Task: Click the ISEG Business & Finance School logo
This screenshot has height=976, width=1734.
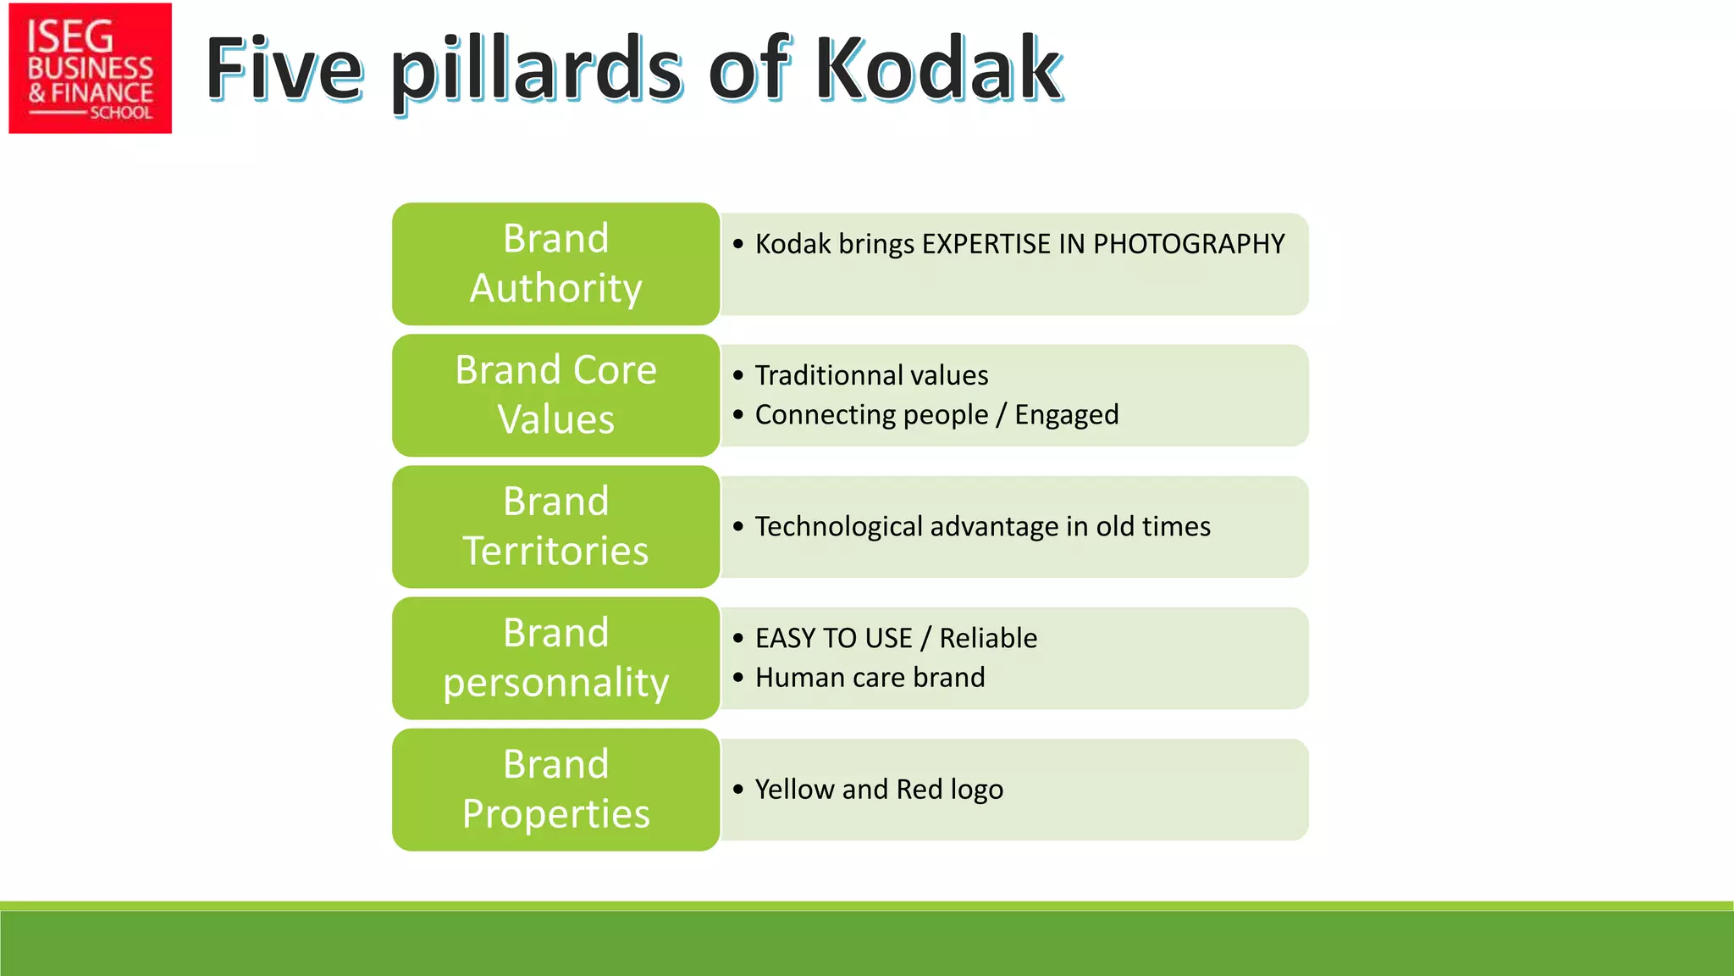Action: pos(90,68)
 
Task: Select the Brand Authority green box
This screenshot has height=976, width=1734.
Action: pos(555,263)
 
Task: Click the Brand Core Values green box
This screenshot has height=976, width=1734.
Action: pos(555,395)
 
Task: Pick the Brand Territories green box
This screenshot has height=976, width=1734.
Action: pos(555,526)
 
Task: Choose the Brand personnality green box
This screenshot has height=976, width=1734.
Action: pos(555,657)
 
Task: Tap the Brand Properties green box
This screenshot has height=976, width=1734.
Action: pos(555,789)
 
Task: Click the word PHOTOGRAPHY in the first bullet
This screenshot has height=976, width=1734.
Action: pos(1188,244)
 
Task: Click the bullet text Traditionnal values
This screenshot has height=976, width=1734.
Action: pos(871,374)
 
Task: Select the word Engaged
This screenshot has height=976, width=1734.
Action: pos(1066,415)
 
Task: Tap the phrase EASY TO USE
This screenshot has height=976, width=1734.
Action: pos(833,638)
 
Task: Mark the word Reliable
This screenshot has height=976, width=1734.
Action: pos(987,638)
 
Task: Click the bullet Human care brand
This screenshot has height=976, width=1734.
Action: pos(870,678)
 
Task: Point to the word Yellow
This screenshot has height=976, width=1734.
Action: pos(794,790)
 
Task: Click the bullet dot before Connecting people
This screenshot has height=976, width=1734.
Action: pos(738,415)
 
